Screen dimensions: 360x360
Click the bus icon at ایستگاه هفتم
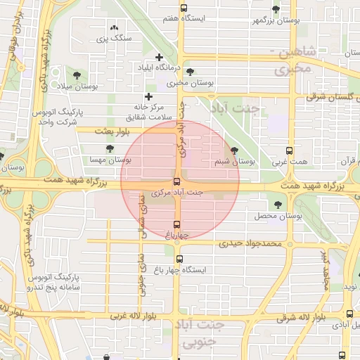coord(184,8)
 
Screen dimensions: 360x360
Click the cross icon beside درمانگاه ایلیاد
coord(159,58)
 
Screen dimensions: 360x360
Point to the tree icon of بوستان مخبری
coord(190,72)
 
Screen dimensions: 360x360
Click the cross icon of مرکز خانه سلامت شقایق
coord(148,97)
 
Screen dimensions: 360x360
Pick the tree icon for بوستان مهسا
coord(110,148)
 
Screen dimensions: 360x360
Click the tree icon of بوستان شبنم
coord(234,150)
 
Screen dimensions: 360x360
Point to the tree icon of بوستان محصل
coord(278,205)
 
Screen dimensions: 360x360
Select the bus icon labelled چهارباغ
coord(176,224)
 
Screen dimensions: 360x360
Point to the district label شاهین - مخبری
coord(294,61)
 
